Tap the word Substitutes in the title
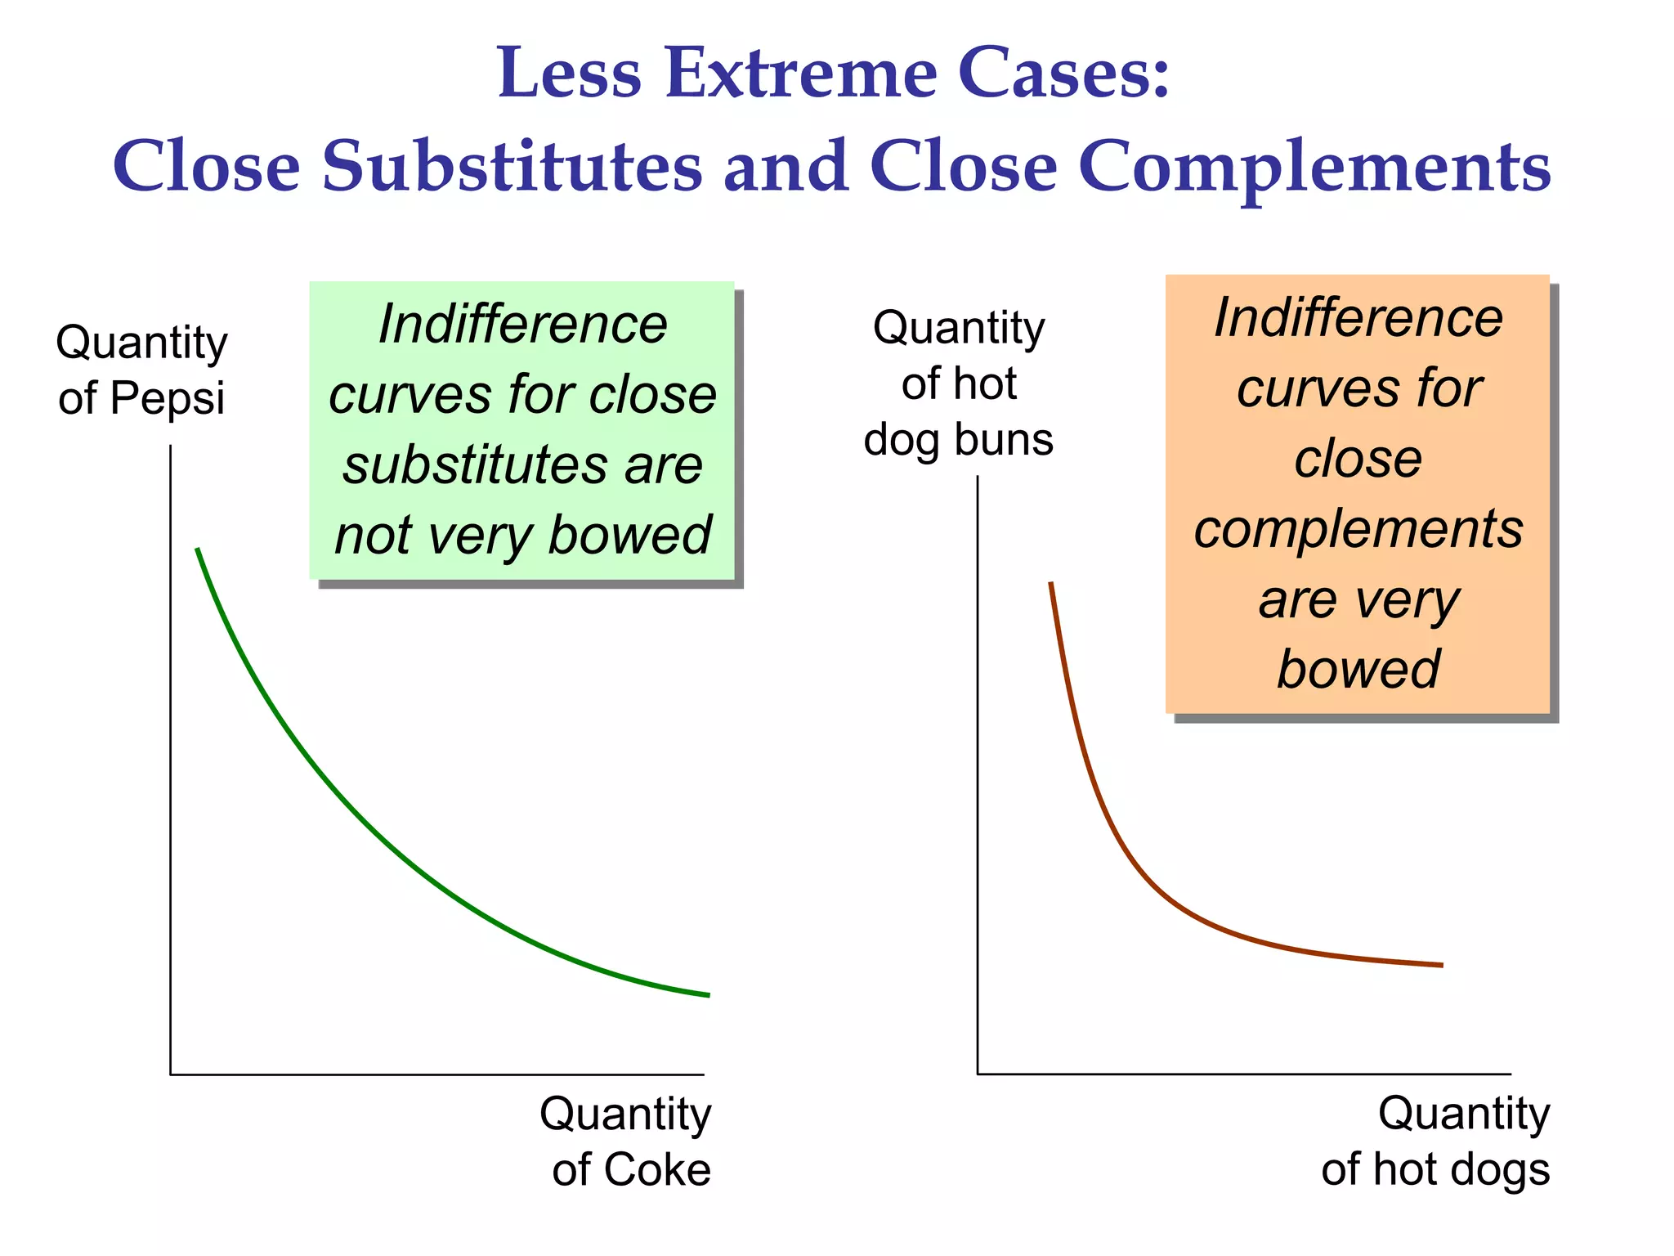pos(512,167)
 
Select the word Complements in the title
pos(1314,167)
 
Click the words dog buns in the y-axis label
pos(958,440)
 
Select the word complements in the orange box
pos(1358,529)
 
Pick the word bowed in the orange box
pos(1358,669)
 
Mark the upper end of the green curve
pos(197,549)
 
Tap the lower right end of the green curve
pos(708,995)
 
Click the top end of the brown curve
pos(1050,583)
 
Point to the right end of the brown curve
pos(1442,966)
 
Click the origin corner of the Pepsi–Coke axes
pos(171,1074)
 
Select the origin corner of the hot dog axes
pos(978,1074)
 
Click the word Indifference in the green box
pos(523,325)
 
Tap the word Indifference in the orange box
pos(1358,317)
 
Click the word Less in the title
pos(570,74)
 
